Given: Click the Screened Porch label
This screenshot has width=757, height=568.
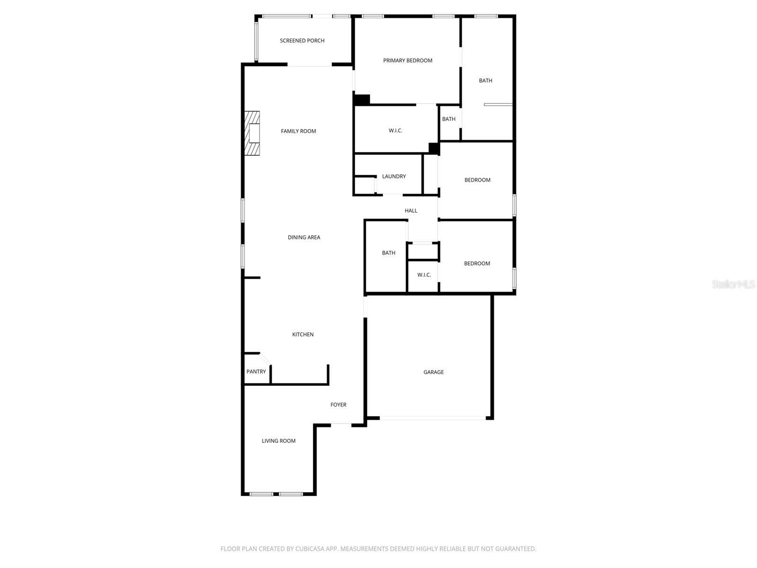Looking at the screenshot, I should click(x=302, y=41).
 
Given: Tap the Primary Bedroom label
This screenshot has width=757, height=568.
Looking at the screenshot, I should click(x=407, y=61).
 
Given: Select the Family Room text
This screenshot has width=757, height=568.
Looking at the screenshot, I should click(x=298, y=131).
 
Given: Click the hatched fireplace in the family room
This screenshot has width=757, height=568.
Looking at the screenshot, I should click(x=252, y=133).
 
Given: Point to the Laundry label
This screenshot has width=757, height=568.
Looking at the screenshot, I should click(x=394, y=177).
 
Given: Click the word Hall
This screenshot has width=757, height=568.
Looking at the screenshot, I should click(x=411, y=211).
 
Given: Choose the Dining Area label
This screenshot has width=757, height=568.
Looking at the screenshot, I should click(x=304, y=238).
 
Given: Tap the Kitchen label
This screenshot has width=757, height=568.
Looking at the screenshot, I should click(x=303, y=335).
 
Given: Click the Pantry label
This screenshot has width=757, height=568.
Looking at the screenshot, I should click(x=256, y=372).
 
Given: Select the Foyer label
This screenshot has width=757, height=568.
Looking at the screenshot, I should click(x=338, y=405).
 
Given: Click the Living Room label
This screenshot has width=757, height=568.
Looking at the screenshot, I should click(x=279, y=441).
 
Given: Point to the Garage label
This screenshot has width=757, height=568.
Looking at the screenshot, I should click(x=433, y=372).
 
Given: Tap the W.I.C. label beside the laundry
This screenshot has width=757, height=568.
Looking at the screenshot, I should click(x=396, y=131).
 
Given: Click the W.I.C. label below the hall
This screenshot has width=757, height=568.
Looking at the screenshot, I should click(x=424, y=275).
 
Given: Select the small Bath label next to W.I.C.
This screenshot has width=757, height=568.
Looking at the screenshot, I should click(x=449, y=119).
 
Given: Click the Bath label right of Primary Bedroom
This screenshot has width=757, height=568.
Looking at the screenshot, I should click(x=485, y=81).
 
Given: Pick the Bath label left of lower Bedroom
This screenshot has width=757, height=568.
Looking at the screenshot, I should click(x=388, y=253).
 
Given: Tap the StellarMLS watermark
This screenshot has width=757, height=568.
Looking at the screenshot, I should click(x=733, y=284).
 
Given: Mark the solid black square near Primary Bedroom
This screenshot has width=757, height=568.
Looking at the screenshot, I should click(x=362, y=100).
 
